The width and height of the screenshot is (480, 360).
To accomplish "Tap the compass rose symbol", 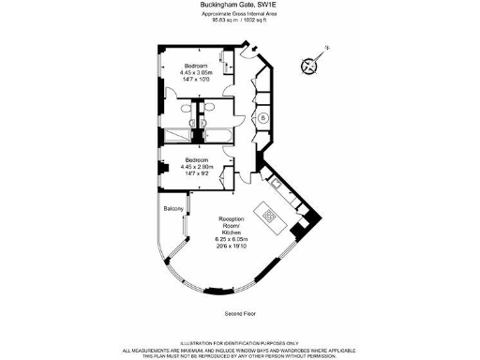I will coord(311,63).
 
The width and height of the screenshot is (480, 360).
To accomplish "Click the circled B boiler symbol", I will coord(263,117).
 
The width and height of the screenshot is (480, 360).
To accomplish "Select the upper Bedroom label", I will coord(195,65).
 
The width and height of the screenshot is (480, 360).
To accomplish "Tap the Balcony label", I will coord(173,207).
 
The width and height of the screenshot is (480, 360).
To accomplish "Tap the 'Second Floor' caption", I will coord(239,312).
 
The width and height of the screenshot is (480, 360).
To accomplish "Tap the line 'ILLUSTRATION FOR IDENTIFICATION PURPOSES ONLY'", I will coord(239,344).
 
